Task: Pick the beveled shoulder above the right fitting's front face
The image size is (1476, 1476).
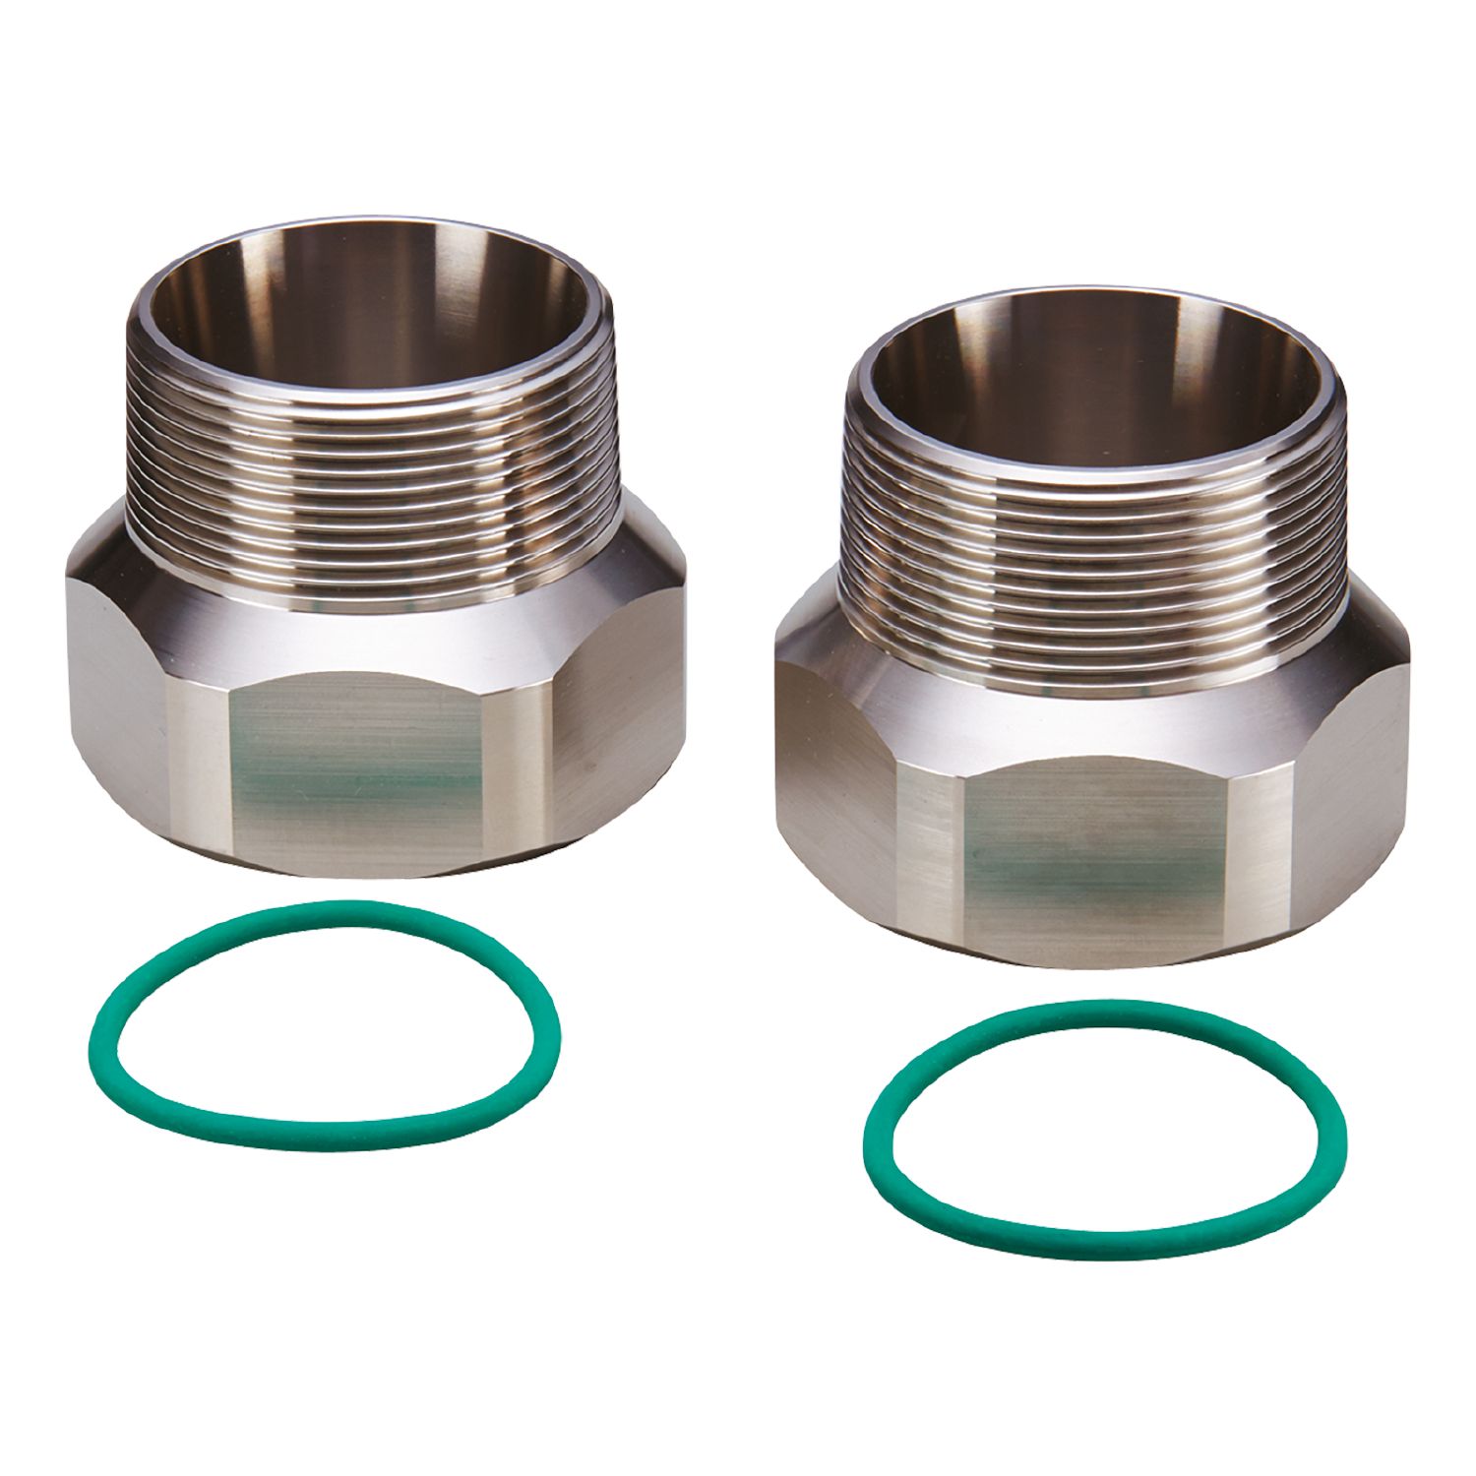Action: (x=1092, y=723)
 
